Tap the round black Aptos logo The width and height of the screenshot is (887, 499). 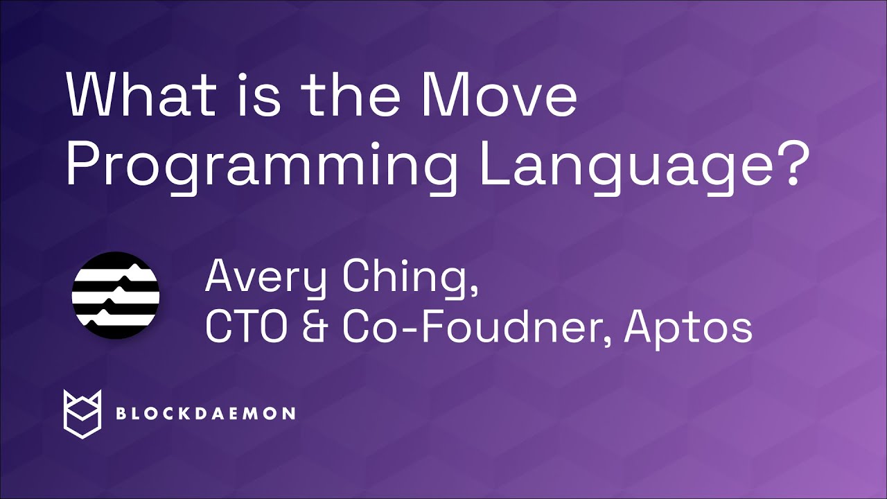pyautogui.click(x=116, y=295)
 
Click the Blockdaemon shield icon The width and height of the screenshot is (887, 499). pyautogui.click(x=82, y=413)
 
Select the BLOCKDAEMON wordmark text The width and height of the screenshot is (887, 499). pyautogui.click(x=205, y=414)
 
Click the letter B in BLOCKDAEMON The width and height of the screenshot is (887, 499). pyautogui.click(x=121, y=414)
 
